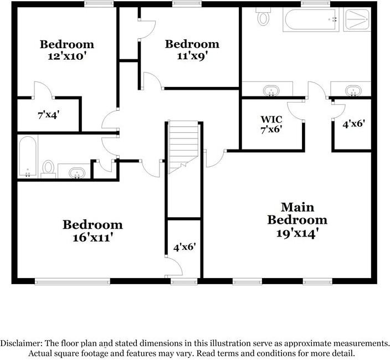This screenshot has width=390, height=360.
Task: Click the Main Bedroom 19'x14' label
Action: pos(297,220)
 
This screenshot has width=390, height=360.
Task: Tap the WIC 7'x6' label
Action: pos(271,125)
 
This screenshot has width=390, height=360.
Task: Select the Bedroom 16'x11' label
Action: pos(93,231)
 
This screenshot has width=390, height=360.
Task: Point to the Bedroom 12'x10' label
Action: pos(66,50)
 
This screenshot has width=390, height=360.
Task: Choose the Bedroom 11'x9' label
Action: pos(192,50)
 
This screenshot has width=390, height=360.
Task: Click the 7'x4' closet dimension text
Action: pos(48,115)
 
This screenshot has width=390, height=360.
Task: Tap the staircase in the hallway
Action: pos(183,147)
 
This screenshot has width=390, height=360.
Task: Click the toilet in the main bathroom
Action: pos(263,18)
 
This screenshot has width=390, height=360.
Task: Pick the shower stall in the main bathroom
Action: pos(357,20)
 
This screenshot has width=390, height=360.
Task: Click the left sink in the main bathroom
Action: pos(270,90)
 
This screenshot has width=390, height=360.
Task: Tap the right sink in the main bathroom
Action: pos(352,90)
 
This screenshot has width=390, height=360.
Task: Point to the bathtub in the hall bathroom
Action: pos(27,157)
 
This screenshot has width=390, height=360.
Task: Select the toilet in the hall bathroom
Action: pos(48,168)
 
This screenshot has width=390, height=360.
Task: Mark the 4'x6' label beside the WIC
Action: pos(353,125)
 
